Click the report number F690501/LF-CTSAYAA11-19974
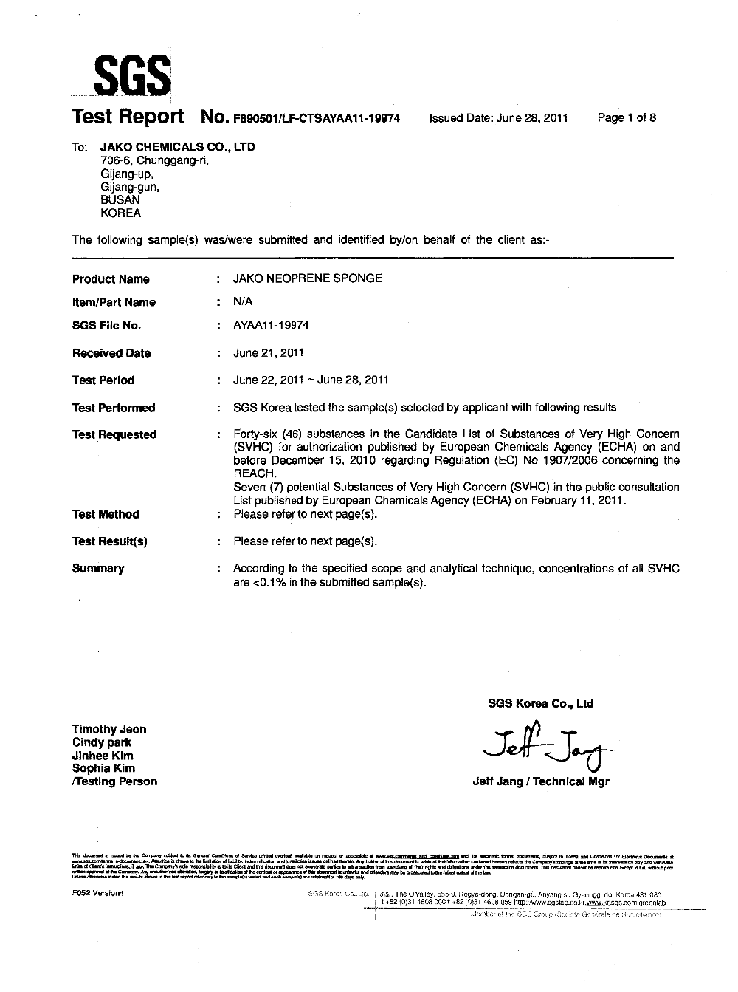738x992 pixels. coord(317,118)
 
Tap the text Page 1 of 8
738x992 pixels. coord(627,118)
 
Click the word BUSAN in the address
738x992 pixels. coord(120,199)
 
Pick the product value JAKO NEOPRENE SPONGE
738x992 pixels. coord(308,278)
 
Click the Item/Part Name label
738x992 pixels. coord(114,302)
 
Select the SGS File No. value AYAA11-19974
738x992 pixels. coord(271,325)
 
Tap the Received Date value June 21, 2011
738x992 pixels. coord(268,352)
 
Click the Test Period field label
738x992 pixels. coord(103,380)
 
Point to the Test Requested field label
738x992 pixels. coord(114,434)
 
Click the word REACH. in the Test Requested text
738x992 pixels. coord(255,473)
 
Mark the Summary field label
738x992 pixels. coord(98,569)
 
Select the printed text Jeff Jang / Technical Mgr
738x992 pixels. coord(541,781)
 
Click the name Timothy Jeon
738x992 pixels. coord(109,729)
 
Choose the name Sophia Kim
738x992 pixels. coord(103,768)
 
